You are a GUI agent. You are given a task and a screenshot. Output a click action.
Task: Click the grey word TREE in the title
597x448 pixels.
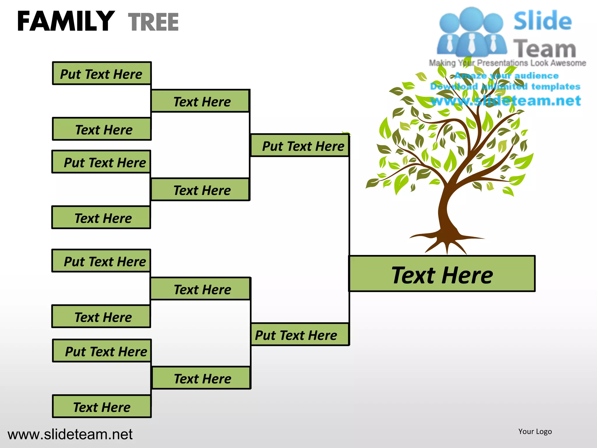[153, 22]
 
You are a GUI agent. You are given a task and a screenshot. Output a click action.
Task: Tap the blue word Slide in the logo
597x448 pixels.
[542, 21]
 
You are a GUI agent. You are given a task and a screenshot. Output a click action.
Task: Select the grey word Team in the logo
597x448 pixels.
[545, 48]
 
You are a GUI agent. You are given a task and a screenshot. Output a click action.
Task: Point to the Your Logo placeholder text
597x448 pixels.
[535, 431]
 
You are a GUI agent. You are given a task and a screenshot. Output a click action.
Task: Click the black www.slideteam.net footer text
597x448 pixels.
[70, 434]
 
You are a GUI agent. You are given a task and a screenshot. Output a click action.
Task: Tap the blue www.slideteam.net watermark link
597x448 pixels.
[506, 101]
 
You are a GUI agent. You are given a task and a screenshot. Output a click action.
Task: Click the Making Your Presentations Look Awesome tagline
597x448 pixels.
[507, 63]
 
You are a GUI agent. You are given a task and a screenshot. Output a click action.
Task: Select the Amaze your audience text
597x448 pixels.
[507, 76]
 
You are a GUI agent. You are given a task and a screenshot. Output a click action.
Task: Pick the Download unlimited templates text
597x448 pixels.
[505, 86]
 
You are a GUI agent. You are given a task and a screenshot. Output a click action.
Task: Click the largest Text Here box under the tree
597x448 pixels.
[442, 274]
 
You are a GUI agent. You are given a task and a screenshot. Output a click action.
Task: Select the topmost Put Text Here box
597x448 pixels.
[101, 73]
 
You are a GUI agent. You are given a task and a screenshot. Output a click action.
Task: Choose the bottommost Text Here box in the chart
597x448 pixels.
[101, 407]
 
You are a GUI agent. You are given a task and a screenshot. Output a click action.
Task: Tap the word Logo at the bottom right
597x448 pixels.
[543, 431]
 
